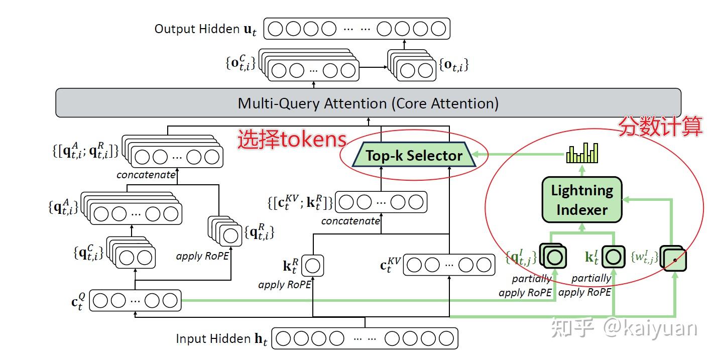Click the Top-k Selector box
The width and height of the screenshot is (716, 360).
pos(414,156)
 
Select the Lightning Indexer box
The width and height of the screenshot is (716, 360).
pos(582,200)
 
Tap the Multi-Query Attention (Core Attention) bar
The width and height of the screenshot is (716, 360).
pos(368,103)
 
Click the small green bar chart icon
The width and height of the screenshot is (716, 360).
pos(582,153)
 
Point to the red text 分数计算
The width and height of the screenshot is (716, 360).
pos(659,127)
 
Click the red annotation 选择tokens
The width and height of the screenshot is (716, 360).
pos(292,140)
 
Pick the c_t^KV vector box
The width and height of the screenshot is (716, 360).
pos(449,265)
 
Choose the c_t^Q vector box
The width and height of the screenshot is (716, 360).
pos(135,301)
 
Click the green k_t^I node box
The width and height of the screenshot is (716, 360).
pos(613,257)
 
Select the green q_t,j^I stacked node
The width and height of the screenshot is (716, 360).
pos(553,257)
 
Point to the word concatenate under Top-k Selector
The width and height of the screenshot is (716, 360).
pos(350,221)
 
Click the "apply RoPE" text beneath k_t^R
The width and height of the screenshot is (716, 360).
pos(285,285)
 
